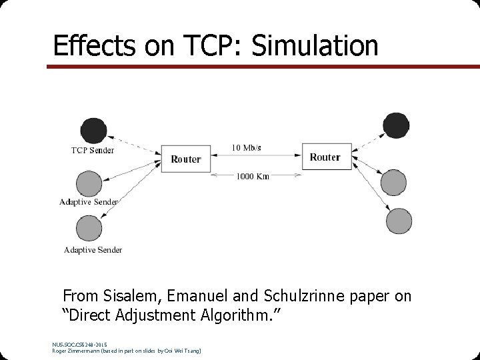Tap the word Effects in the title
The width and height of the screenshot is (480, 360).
[93, 45]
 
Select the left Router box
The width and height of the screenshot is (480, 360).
[185, 159]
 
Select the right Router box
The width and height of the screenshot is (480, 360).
[325, 157]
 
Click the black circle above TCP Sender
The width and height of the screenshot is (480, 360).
[92, 130]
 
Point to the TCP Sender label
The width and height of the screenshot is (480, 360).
[93, 150]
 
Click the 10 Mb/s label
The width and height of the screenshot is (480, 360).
[246, 147]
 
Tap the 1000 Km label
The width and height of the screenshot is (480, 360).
[253, 177]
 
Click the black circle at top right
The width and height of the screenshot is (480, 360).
[396, 125]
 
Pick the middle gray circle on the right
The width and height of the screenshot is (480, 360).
[392, 182]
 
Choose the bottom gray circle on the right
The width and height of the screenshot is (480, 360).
[399, 221]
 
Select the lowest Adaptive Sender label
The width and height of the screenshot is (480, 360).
[93, 250]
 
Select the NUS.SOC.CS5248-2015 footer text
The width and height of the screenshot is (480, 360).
[79, 344]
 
